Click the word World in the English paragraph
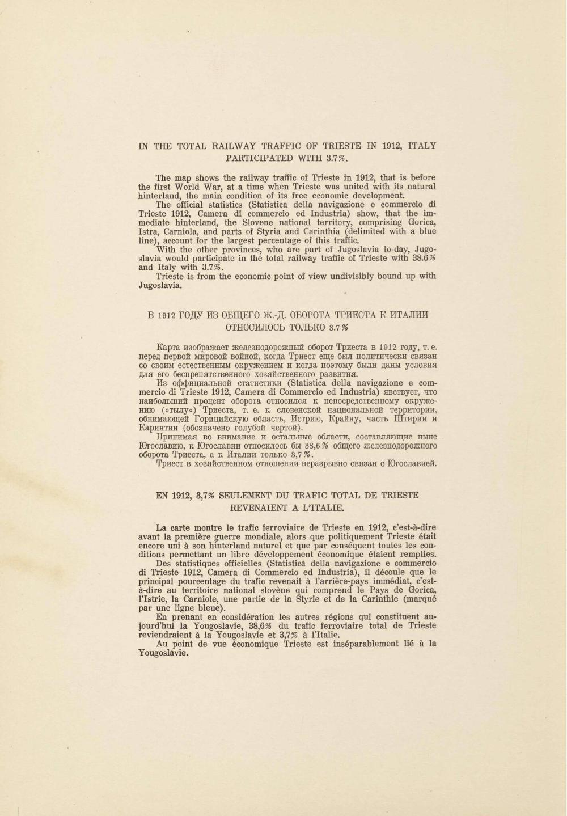[194, 187]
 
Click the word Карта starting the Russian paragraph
[168, 347]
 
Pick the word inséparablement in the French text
[351, 644]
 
